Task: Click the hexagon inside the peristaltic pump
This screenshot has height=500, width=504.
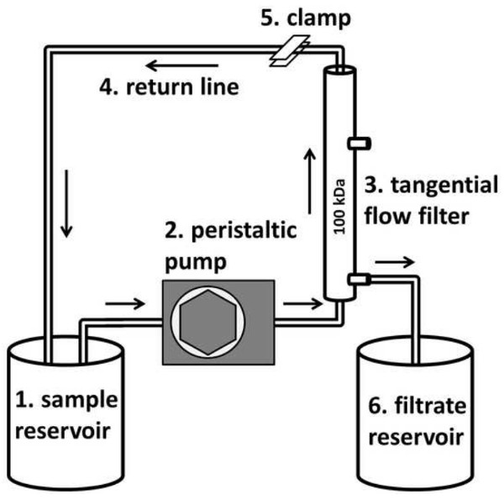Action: pyautogui.click(x=208, y=321)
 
